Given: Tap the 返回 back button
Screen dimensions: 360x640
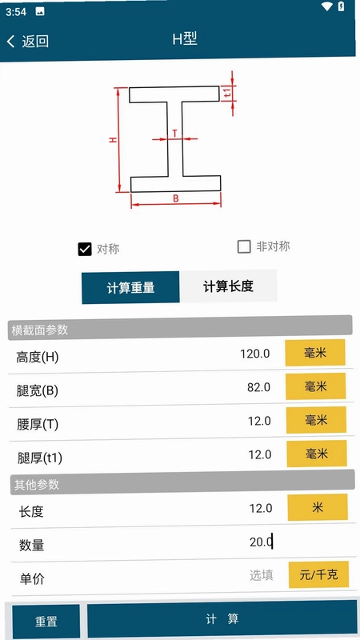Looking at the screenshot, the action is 28,41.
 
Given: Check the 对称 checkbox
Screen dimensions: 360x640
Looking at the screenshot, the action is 85,249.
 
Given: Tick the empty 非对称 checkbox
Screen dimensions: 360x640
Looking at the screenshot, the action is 244,246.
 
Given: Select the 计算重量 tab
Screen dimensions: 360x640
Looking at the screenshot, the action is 130,287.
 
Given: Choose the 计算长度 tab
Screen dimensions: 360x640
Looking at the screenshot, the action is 228,286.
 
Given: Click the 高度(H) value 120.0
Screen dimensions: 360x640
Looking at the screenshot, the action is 254,354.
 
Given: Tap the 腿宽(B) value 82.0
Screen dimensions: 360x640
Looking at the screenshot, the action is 258,387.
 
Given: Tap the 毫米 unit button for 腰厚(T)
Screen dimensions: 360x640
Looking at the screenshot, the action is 316,419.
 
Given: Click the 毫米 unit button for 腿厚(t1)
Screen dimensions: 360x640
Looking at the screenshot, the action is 317,454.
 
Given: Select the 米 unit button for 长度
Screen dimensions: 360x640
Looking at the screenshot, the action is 318,507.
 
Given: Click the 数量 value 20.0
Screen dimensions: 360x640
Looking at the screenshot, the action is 261,542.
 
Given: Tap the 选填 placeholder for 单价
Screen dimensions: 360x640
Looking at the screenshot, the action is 262,575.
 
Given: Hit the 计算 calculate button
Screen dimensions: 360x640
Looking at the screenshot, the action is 222,618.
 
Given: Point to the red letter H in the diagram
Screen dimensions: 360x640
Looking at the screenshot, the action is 113,139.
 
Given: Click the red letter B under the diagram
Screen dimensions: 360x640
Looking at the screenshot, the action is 176,198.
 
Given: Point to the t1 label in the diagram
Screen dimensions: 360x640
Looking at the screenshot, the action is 228,93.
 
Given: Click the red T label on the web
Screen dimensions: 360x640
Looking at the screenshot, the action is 174,133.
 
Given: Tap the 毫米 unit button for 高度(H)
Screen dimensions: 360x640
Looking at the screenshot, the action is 315,353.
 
